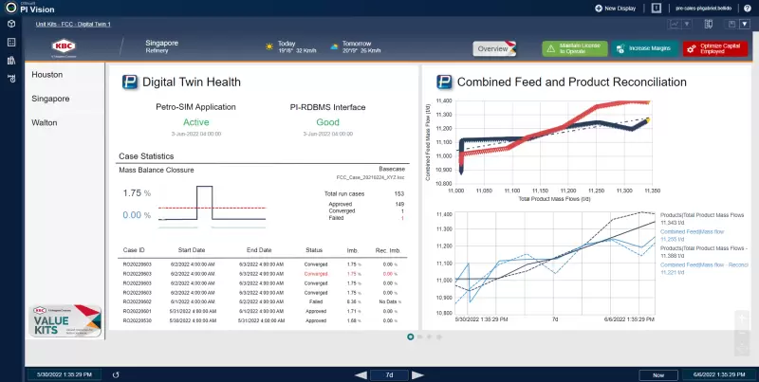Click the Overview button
pyautogui.click(x=492, y=48)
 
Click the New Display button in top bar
pyautogui.click(x=621, y=8)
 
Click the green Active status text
pyautogui.click(x=195, y=121)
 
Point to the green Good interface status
pyautogui.click(x=328, y=121)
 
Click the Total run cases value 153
pyautogui.click(x=398, y=193)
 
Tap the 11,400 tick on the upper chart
pyautogui.click(x=443, y=101)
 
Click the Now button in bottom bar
pyautogui.click(x=657, y=374)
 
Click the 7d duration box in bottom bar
pyautogui.click(x=389, y=374)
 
